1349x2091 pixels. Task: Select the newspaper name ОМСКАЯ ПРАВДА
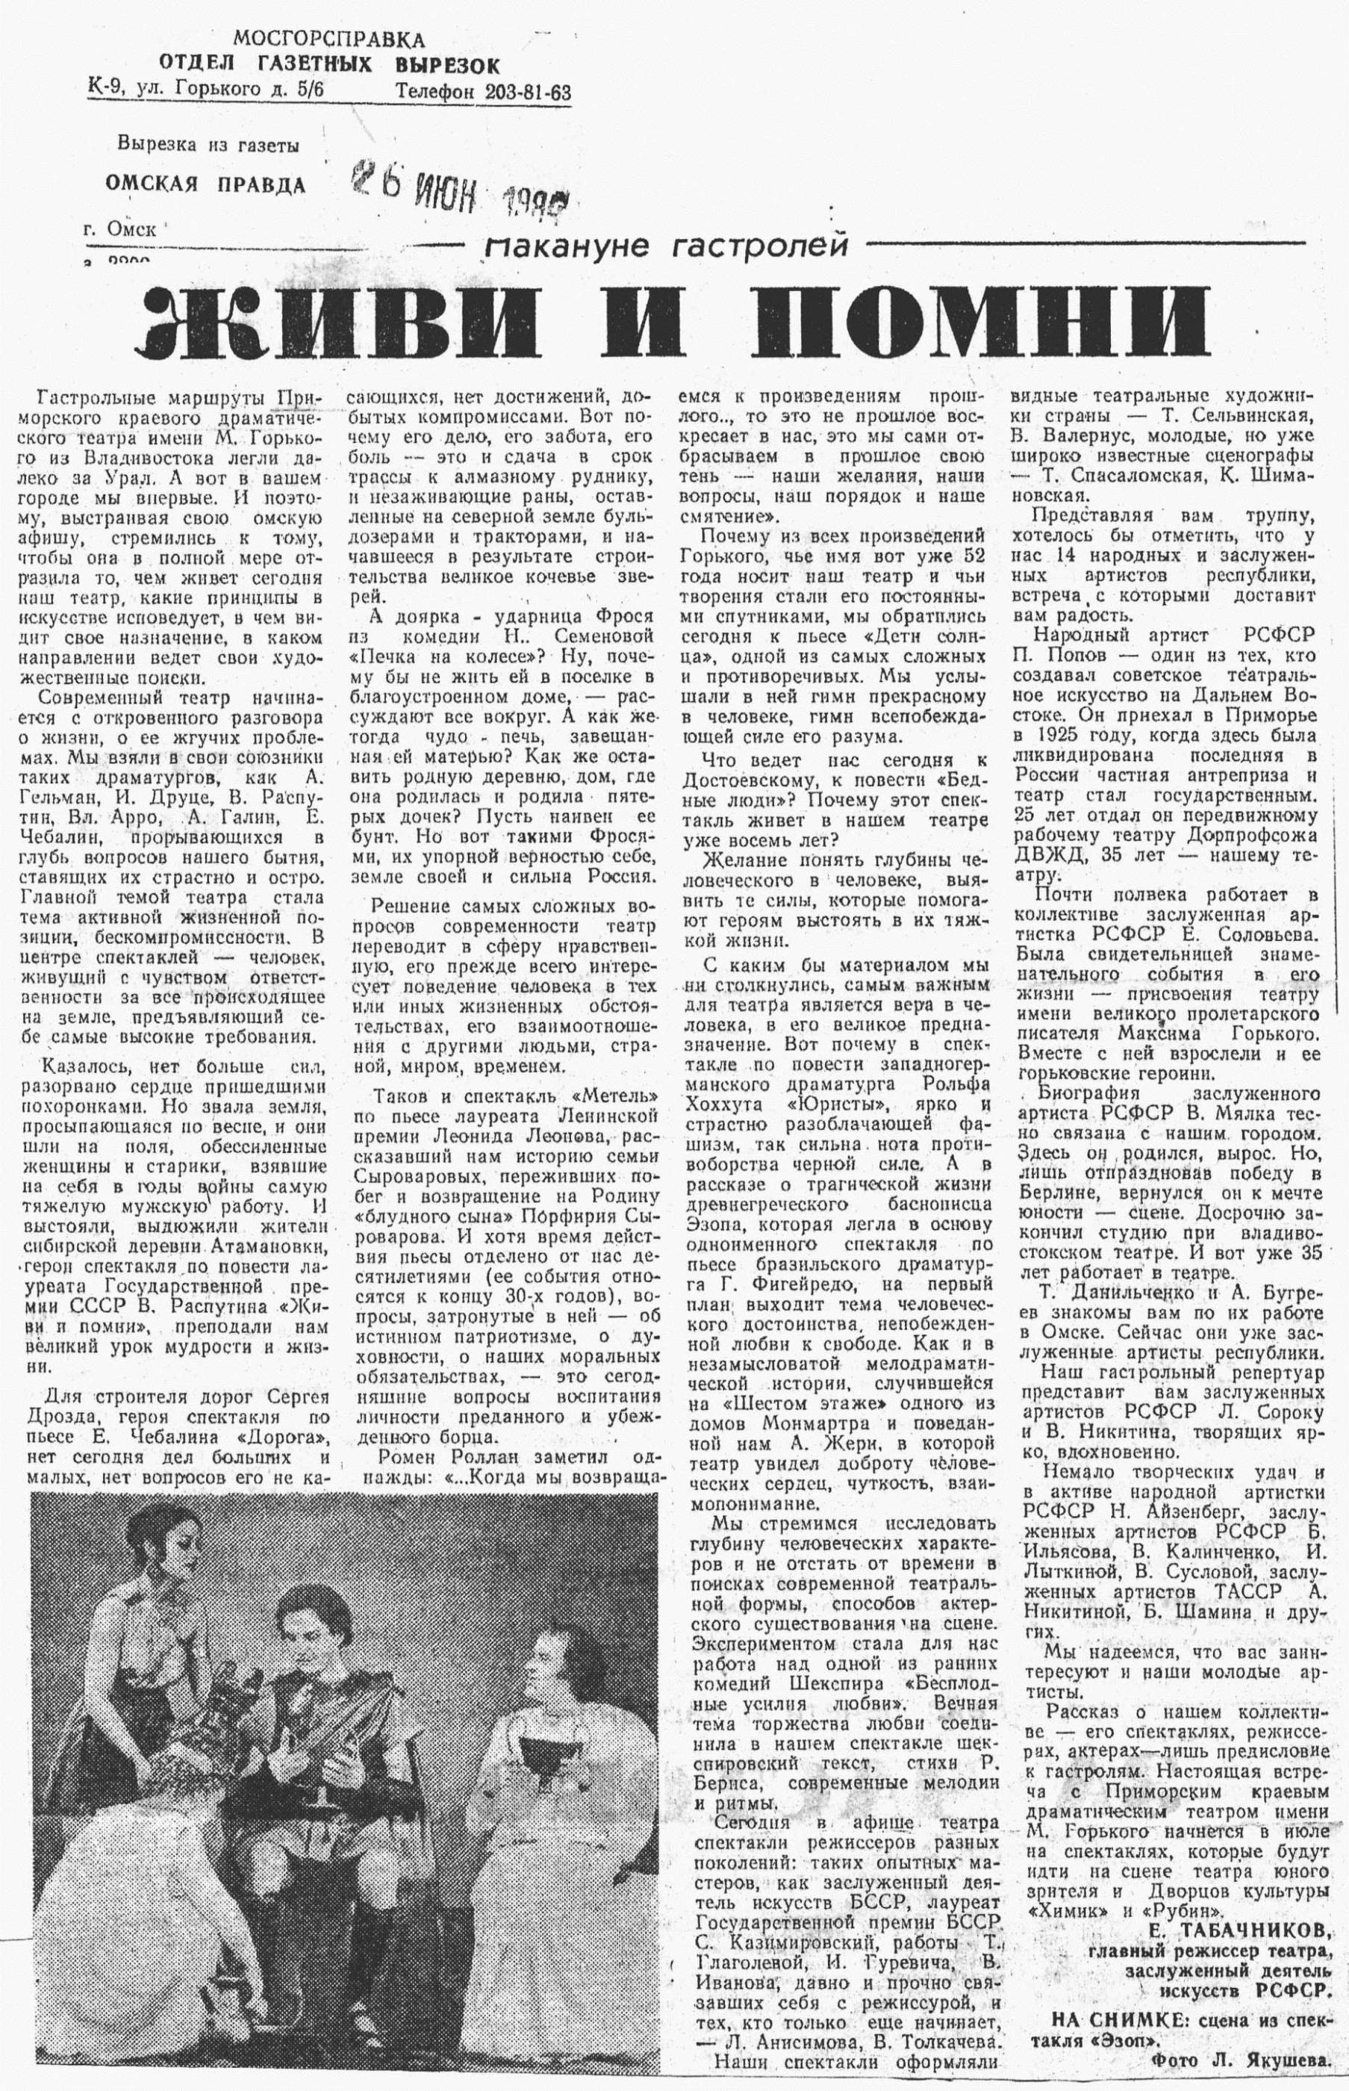(x=206, y=183)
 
